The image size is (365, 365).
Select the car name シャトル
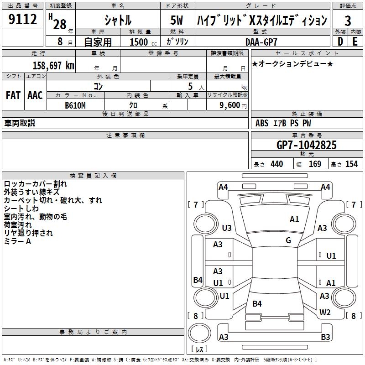(x=118, y=20)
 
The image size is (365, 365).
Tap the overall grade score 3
(x=348, y=21)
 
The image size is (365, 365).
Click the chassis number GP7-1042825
(x=307, y=145)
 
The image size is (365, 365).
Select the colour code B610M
(x=75, y=105)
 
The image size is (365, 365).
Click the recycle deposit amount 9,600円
(x=232, y=105)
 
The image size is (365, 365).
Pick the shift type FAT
(x=13, y=95)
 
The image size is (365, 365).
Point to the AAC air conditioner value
(x=35, y=95)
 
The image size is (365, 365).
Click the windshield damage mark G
(x=288, y=240)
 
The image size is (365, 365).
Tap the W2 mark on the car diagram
(x=325, y=313)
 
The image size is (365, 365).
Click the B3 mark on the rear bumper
(x=325, y=337)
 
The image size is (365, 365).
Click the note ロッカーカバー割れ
(x=35, y=184)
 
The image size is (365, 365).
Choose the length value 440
(x=276, y=164)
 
